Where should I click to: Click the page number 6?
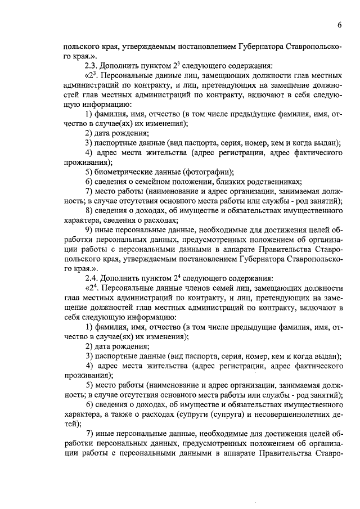click(x=340, y=25)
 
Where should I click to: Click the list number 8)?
click(x=89, y=211)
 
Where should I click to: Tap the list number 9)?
click(x=89, y=230)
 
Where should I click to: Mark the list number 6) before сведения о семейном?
click(x=89, y=182)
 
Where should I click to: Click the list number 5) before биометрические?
click(x=89, y=172)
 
